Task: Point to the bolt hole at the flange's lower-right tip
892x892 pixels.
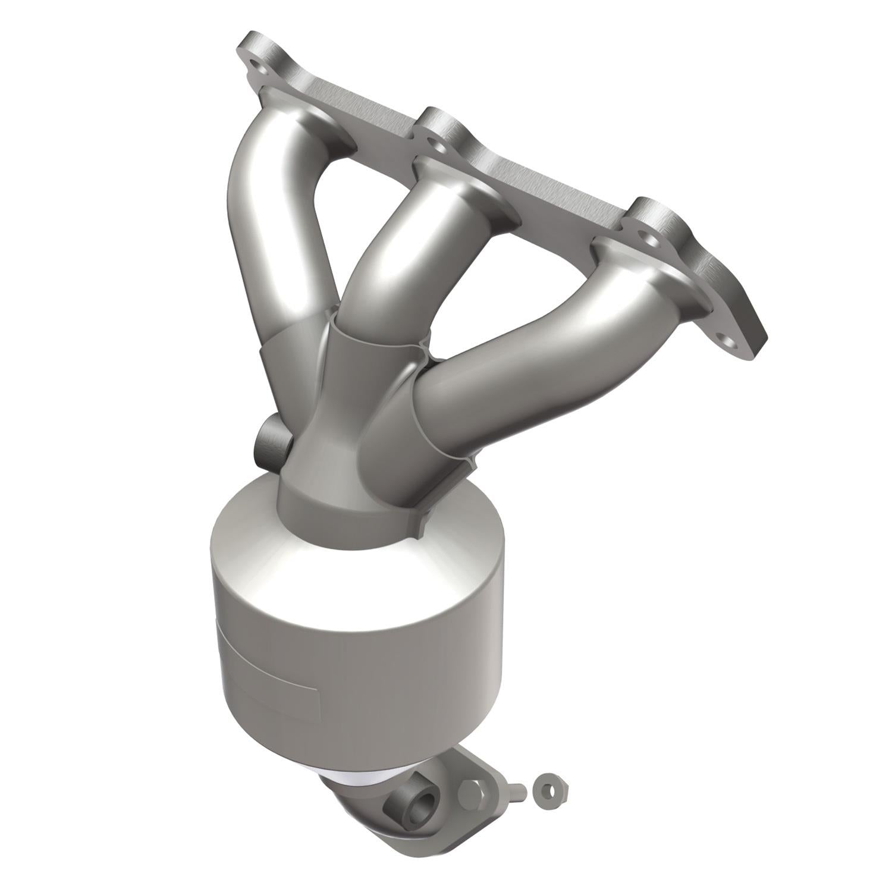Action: click(x=727, y=341)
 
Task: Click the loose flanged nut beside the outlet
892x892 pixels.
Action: click(x=552, y=792)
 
